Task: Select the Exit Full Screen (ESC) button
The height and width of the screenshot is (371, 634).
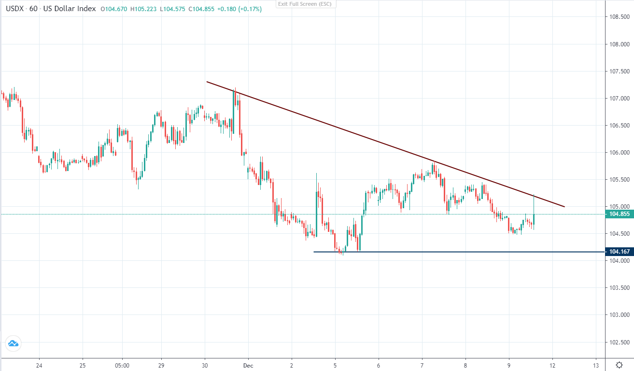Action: click(x=306, y=4)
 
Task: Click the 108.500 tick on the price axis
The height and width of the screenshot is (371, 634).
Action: click(x=619, y=17)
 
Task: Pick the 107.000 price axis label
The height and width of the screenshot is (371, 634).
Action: click(x=619, y=99)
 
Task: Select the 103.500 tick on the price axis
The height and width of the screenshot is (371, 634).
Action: click(x=619, y=288)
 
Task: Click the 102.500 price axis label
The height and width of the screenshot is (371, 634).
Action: click(x=619, y=342)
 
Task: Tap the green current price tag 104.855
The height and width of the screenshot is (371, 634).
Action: click(x=619, y=214)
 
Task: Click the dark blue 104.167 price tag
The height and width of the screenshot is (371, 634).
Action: click(x=619, y=252)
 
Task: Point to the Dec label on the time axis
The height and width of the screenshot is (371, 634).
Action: click(x=248, y=365)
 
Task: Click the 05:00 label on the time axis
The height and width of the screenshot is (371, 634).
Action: click(x=122, y=365)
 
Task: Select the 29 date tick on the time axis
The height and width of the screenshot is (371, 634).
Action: click(x=161, y=365)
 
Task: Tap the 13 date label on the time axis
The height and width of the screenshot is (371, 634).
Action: click(x=596, y=365)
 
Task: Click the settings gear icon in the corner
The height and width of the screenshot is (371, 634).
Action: click(x=619, y=365)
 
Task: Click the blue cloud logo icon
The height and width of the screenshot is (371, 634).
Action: click(x=13, y=343)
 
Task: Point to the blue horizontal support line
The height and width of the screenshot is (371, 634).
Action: click(x=435, y=252)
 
